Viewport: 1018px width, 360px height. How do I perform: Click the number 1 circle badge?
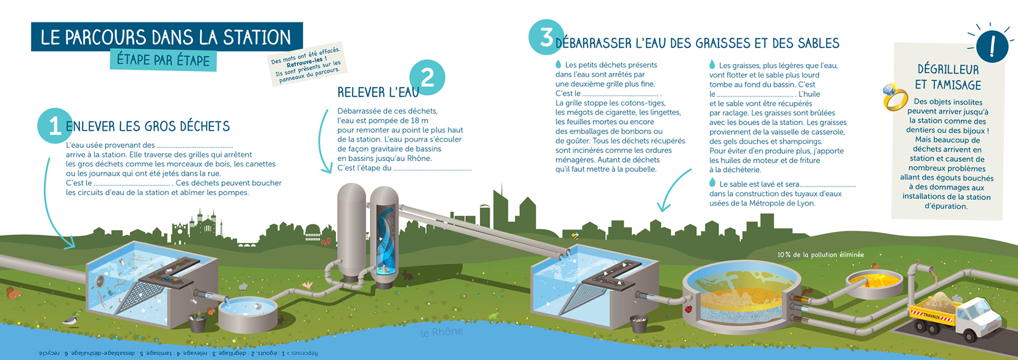(x=55, y=126)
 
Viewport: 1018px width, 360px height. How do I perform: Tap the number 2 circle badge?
(x=427, y=77)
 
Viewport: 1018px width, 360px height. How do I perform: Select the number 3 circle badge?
(x=546, y=37)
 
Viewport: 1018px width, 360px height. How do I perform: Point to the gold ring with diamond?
(x=894, y=97)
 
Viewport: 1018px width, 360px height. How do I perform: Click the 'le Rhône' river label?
(x=442, y=332)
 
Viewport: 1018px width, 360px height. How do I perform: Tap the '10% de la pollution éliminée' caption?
(x=820, y=255)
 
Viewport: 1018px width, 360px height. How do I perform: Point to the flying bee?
(x=575, y=235)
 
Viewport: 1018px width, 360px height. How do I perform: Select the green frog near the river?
(x=493, y=317)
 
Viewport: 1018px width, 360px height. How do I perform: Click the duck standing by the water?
(x=71, y=319)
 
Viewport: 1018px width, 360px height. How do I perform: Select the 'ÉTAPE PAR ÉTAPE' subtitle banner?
(x=163, y=60)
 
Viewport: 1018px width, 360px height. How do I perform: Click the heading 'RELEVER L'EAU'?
(x=378, y=93)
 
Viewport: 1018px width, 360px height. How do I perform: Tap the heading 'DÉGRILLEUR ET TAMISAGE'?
(x=948, y=77)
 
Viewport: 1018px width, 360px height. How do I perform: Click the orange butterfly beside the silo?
(x=326, y=242)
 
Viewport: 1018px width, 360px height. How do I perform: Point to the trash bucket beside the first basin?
(x=197, y=322)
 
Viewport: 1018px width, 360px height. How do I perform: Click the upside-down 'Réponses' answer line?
(x=178, y=353)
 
